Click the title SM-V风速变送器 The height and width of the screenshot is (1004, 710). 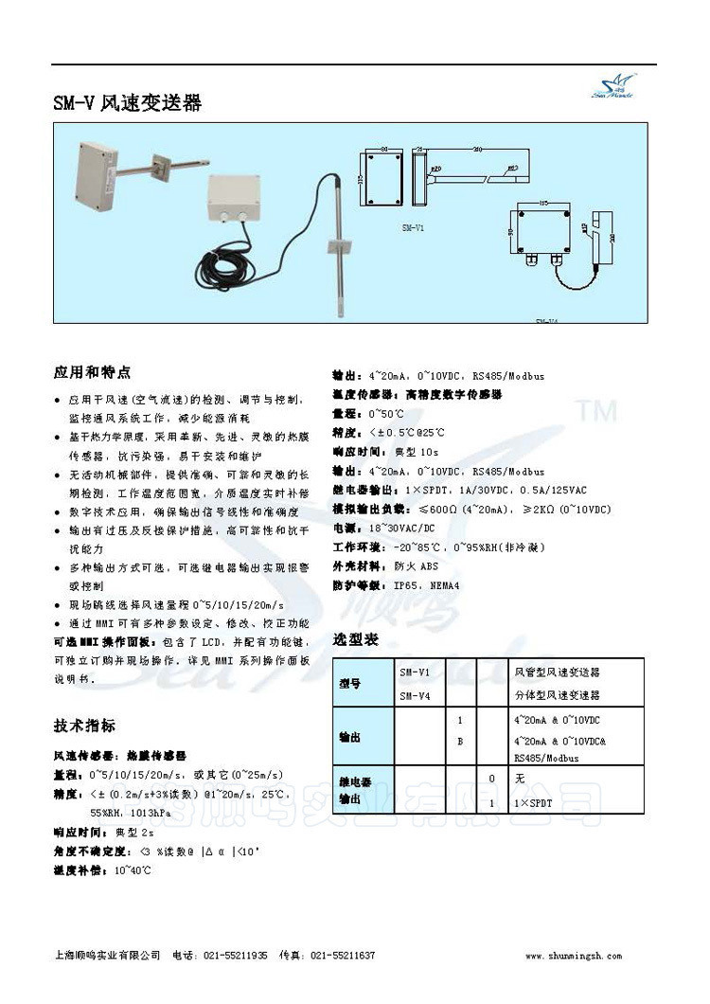coord(127,102)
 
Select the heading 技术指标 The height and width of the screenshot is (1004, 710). coord(84,726)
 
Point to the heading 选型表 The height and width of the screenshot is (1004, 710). coord(356,639)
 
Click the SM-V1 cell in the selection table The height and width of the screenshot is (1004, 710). coord(415,672)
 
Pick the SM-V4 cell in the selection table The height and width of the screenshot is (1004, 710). coord(415,695)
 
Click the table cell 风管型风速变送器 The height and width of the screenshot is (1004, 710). coord(557,672)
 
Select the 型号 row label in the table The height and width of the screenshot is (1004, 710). coord(350,683)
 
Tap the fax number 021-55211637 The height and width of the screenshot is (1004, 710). coord(343,956)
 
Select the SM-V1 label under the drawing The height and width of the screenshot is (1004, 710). coord(414,228)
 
